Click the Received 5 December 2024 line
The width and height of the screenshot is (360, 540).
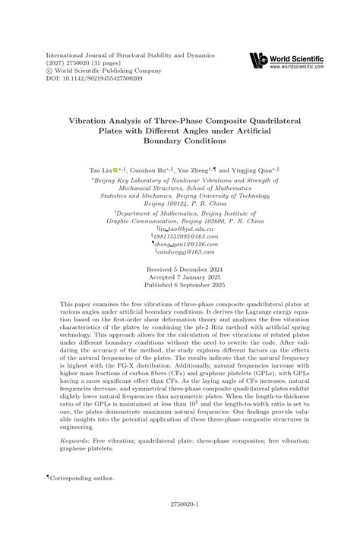179,270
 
